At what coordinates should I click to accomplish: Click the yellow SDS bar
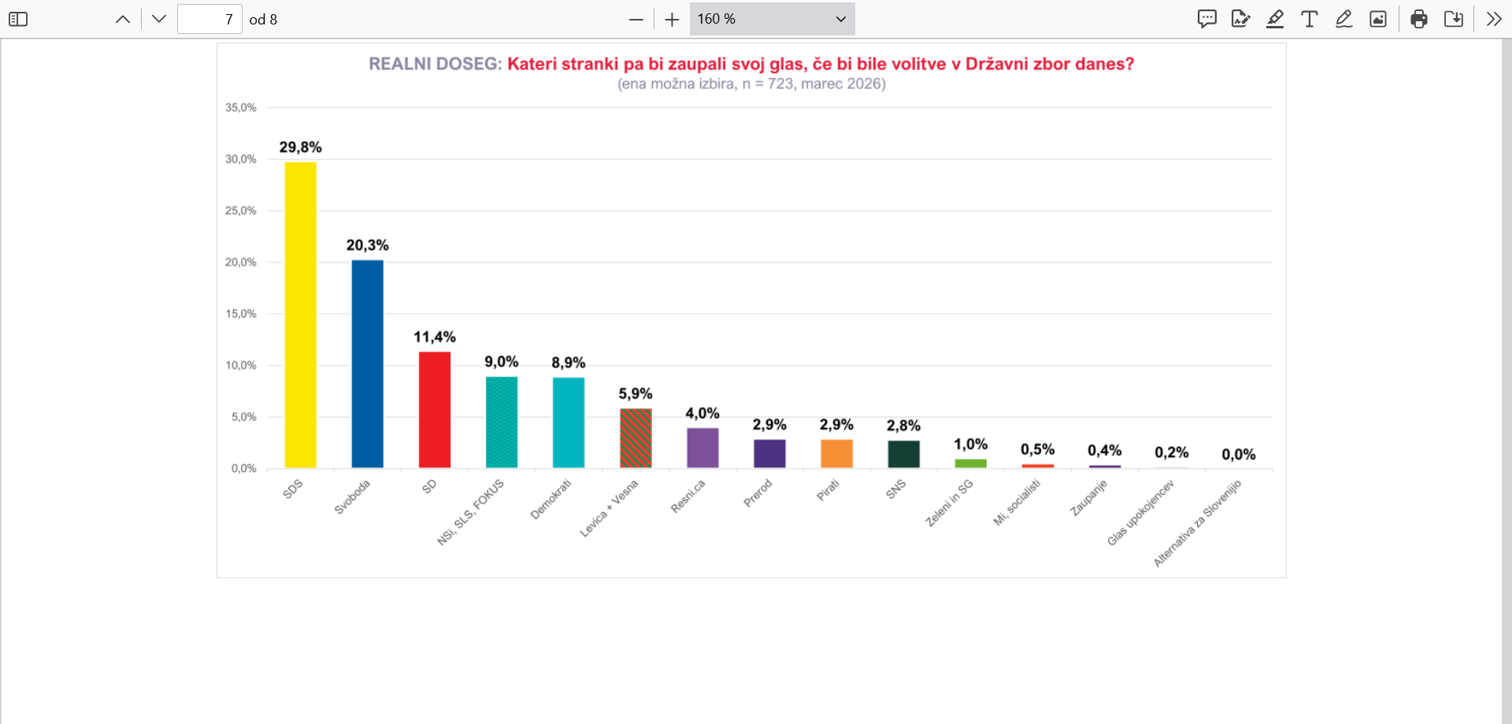point(300,315)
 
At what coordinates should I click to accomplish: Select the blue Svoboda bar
point(367,364)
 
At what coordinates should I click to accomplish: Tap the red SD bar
point(434,410)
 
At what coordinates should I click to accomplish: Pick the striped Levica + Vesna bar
point(636,438)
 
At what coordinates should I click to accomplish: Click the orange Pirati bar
point(836,454)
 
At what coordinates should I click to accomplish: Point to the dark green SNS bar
point(903,454)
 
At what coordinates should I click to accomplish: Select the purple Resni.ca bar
point(702,448)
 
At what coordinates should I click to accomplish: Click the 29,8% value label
point(300,147)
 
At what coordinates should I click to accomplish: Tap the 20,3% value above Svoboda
point(367,245)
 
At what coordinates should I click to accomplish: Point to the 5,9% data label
point(636,394)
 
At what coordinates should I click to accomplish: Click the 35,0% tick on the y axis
point(241,107)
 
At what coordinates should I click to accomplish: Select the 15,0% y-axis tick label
point(241,314)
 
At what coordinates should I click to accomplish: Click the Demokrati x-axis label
point(550,499)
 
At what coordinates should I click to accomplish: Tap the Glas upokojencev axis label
point(1140,512)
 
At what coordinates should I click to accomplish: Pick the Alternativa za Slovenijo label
point(1197,523)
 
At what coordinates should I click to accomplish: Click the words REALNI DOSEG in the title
point(435,64)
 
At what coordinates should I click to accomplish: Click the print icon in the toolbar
point(1419,19)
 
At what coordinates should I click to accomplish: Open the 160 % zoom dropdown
point(772,19)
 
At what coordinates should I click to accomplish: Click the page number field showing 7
point(209,19)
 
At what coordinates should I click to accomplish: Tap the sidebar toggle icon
point(18,19)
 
